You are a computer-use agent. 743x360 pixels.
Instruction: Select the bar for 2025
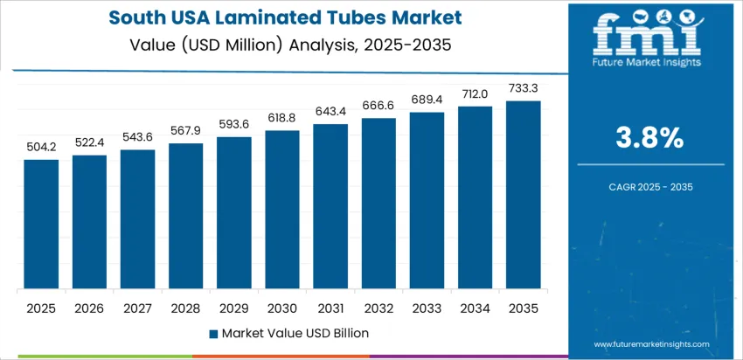tap(41, 225)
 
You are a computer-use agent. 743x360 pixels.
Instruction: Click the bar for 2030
tap(282, 210)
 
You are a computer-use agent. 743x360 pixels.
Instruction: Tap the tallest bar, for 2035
tap(523, 195)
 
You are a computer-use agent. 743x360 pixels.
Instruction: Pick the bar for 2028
tap(186, 217)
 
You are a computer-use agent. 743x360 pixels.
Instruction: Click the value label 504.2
tap(41, 149)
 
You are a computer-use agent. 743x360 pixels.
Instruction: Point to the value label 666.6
tap(378, 107)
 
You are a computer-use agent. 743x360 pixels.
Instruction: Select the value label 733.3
tap(523, 89)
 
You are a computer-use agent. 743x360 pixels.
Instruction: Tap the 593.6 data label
tap(234, 126)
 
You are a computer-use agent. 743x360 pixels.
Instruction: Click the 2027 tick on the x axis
tap(137, 308)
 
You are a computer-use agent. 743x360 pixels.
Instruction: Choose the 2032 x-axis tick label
tap(378, 308)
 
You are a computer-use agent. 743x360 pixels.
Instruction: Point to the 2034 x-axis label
tap(475, 308)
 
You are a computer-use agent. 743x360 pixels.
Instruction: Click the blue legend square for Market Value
tap(214, 333)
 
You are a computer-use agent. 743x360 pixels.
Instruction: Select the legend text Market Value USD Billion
tap(295, 333)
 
